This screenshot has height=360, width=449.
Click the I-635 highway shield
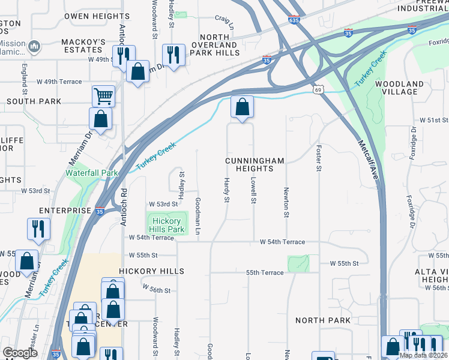pos(294,20)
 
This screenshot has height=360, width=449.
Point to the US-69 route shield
pos(316,89)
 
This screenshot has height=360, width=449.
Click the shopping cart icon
pos(103,95)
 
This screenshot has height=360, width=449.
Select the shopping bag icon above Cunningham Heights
pos(242,107)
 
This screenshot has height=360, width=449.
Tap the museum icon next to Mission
pos(34,47)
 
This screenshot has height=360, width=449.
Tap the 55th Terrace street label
pos(264,272)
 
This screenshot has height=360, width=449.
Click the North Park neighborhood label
pos(323,320)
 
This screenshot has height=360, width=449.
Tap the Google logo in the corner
pos(20,353)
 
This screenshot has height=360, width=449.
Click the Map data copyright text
pos(423,355)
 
